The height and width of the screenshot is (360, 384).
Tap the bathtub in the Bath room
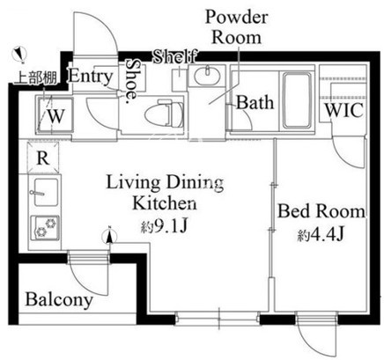297,100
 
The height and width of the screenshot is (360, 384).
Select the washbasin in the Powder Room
207,75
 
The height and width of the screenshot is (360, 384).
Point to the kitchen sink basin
46,192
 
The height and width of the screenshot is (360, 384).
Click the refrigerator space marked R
43,158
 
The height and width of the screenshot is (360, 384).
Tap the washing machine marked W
55,115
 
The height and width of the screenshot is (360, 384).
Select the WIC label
344,110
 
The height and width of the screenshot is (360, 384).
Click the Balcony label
59,299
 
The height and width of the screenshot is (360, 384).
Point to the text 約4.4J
321,235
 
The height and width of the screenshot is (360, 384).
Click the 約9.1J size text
164,226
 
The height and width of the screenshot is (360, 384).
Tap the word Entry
91,77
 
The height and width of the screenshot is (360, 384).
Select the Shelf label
175,56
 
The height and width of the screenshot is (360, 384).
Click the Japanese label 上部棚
36,78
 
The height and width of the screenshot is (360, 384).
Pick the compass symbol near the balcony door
109,236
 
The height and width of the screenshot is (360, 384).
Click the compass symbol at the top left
19,55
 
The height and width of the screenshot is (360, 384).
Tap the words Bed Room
321,211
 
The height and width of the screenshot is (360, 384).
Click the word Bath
255,103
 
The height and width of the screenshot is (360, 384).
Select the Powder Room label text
237,27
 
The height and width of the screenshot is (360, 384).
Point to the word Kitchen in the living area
165,202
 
